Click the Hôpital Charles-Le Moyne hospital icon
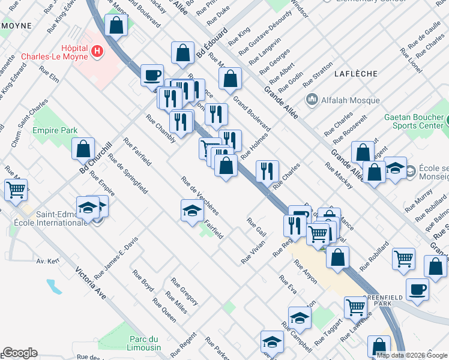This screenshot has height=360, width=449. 97,52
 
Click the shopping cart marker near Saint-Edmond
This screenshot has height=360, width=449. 16,190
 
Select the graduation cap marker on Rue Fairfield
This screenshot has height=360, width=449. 192,211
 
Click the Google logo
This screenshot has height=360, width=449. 19,353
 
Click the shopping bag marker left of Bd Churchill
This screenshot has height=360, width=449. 83,149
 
